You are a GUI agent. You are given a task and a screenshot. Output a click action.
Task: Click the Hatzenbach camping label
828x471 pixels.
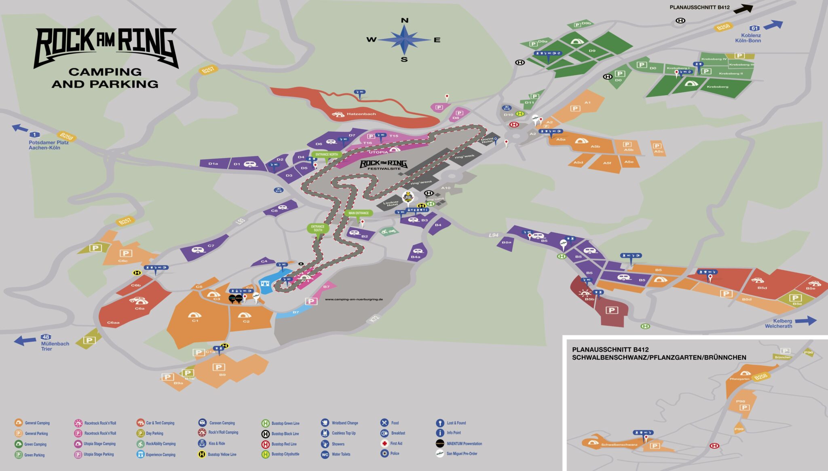click(361, 114)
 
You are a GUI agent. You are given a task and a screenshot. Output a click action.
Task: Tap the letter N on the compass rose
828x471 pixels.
click(404, 21)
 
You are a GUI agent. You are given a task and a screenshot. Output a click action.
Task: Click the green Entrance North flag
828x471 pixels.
click(326, 155)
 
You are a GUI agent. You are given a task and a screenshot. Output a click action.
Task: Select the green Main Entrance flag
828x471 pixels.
click(359, 213)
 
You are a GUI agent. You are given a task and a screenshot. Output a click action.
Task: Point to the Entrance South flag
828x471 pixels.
click(318, 228)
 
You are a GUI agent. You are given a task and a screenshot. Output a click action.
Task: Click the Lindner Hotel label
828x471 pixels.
click(391, 204)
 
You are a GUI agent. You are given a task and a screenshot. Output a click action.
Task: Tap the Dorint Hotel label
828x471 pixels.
click(487, 140)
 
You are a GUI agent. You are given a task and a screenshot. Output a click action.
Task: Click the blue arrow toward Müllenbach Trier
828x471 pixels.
click(25, 340)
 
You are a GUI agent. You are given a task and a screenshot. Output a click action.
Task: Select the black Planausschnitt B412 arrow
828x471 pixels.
click(744, 8)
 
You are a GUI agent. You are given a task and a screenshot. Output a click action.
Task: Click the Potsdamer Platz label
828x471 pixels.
click(49, 142)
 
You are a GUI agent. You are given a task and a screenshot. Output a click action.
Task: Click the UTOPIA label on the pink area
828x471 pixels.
click(378, 153)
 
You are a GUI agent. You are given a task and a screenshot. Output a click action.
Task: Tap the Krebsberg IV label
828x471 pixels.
click(714, 59)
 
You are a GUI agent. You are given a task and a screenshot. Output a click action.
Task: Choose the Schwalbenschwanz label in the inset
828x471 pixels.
click(619, 445)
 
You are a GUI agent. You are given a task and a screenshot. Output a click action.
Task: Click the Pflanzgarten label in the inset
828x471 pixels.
click(739, 379)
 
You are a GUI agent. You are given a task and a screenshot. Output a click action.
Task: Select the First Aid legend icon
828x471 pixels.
click(384, 443)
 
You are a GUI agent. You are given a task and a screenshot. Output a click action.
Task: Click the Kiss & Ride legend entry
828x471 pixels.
click(217, 443)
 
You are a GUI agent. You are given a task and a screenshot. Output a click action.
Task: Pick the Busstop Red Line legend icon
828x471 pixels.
click(265, 444)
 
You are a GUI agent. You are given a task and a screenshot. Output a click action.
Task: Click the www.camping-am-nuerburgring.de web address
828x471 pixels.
click(353, 299)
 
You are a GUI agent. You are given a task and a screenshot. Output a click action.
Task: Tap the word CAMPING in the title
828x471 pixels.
click(105, 72)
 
